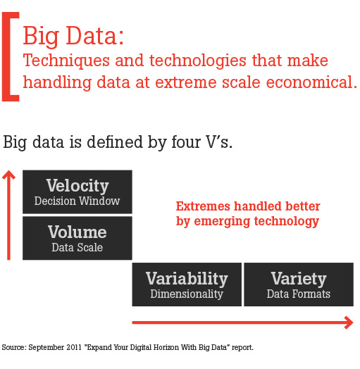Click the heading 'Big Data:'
click(x=73, y=37)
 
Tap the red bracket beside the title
click(x=6, y=57)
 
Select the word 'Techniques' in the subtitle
click(x=66, y=61)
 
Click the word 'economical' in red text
click(x=309, y=82)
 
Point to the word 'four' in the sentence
click(x=186, y=142)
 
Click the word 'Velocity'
click(x=77, y=186)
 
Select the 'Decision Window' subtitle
click(x=77, y=201)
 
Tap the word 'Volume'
click(x=77, y=232)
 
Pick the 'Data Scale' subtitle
click(x=77, y=247)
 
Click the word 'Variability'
click(x=187, y=279)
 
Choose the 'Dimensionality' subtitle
click(x=187, y=294)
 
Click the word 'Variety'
click(x=299, y=279)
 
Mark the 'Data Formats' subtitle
click(x=299, y=294)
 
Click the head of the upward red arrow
click(x=8, y=175)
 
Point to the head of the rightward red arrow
click(x=349, y=323)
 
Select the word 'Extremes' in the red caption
click(x=203, y=206)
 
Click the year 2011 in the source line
click(x=74, y=347)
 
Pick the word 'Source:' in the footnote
click(x=14, y=347)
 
